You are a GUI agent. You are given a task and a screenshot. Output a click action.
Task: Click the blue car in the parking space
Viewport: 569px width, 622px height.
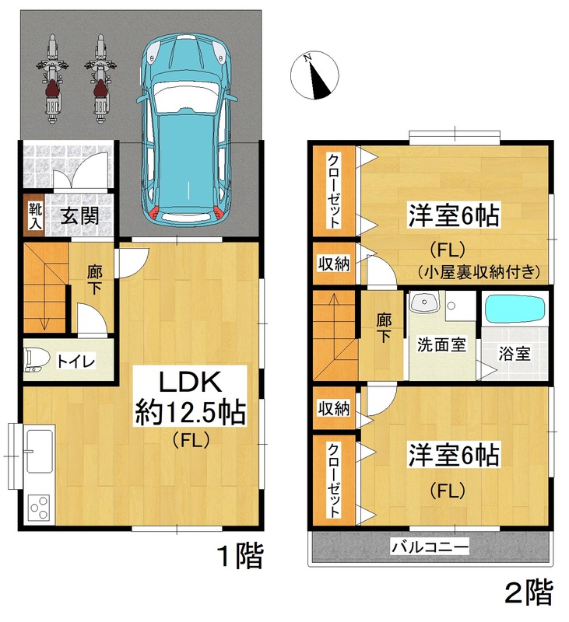point(187,129)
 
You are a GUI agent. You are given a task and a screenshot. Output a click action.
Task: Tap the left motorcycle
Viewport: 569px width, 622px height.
point(52,79)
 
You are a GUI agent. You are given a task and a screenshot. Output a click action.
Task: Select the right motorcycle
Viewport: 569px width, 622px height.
point(100,79)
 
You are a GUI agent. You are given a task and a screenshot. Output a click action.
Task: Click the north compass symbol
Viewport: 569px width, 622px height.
point(314,75)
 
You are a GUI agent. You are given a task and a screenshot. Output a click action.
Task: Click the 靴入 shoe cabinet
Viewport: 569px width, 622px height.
point(34,215)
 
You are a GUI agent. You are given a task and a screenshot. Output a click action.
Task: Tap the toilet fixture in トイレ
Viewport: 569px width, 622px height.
point(37,360)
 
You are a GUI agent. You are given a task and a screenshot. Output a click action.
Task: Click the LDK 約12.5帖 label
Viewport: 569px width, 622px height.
point(190,397)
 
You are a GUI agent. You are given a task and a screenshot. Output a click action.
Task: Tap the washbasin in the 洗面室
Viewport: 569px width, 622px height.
point(424,302)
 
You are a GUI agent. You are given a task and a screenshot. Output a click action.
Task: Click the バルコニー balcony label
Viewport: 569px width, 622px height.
point(430,547)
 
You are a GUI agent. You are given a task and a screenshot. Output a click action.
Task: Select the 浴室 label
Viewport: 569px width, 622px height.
point(515,354)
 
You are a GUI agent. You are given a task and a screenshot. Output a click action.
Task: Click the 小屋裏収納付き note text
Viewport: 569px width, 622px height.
point(479,271)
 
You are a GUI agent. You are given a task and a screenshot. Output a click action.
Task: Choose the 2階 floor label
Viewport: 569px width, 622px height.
point(529,592)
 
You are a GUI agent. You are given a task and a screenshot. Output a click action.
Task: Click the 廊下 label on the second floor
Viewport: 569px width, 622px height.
point(384,327)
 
